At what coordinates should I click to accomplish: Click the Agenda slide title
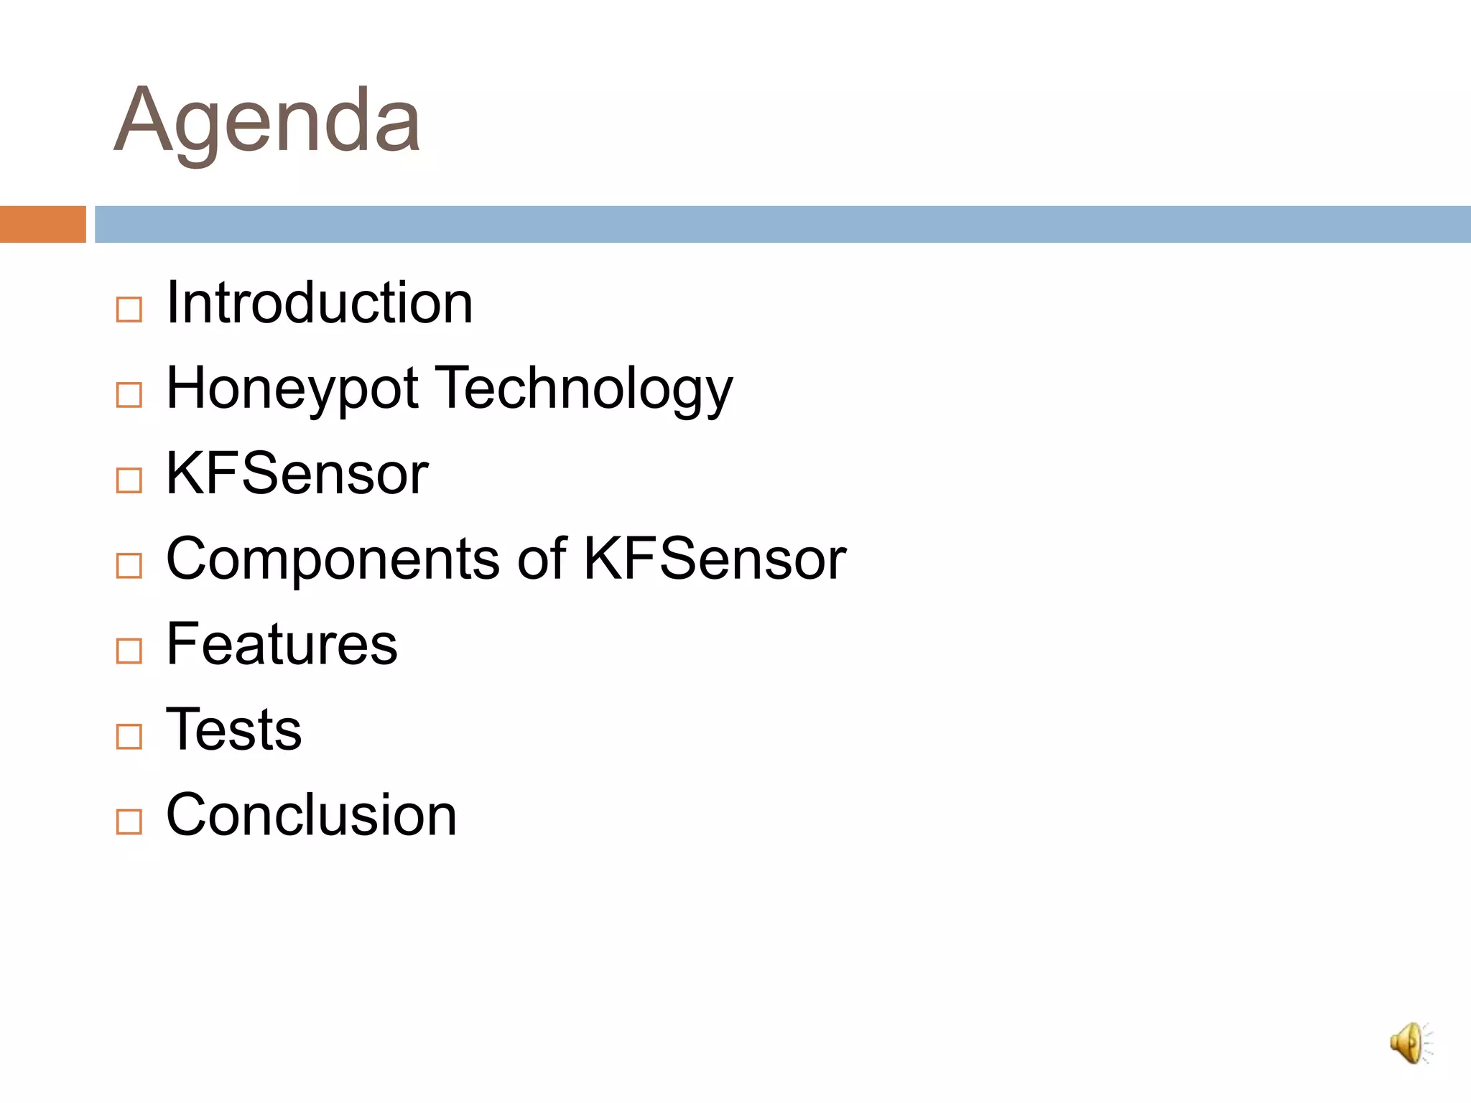click(x=267, y=121)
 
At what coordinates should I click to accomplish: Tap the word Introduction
click(x=319, y=303)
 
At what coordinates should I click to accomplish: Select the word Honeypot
click(x=292, y=389)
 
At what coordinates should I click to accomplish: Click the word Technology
click(x=586, y=389)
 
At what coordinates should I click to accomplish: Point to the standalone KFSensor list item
click(x=297, y=474)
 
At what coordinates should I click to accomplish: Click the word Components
click(x=333, y=559)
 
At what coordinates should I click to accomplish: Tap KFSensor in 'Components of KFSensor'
click(x=715, y=559)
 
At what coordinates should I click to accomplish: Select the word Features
click(x=282, y=644)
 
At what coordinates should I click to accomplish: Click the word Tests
click(x=233, y=730)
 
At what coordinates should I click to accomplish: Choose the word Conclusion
click(x=311, y=815)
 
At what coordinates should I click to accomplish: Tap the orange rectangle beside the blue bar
click(x=42, y=224)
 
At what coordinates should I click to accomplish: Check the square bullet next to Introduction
click(x=129, y=310)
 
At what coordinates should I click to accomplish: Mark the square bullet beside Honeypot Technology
click(x=129, y=395)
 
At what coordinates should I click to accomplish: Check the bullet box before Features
click(x=129, y=651)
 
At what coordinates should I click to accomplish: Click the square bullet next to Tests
click(x=129, y=736)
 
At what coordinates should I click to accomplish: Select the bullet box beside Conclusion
click(x=129, y=822)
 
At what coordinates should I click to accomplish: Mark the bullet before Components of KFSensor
click(x=129, y=566)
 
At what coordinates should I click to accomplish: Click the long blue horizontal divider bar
click(x=783, y=224)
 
